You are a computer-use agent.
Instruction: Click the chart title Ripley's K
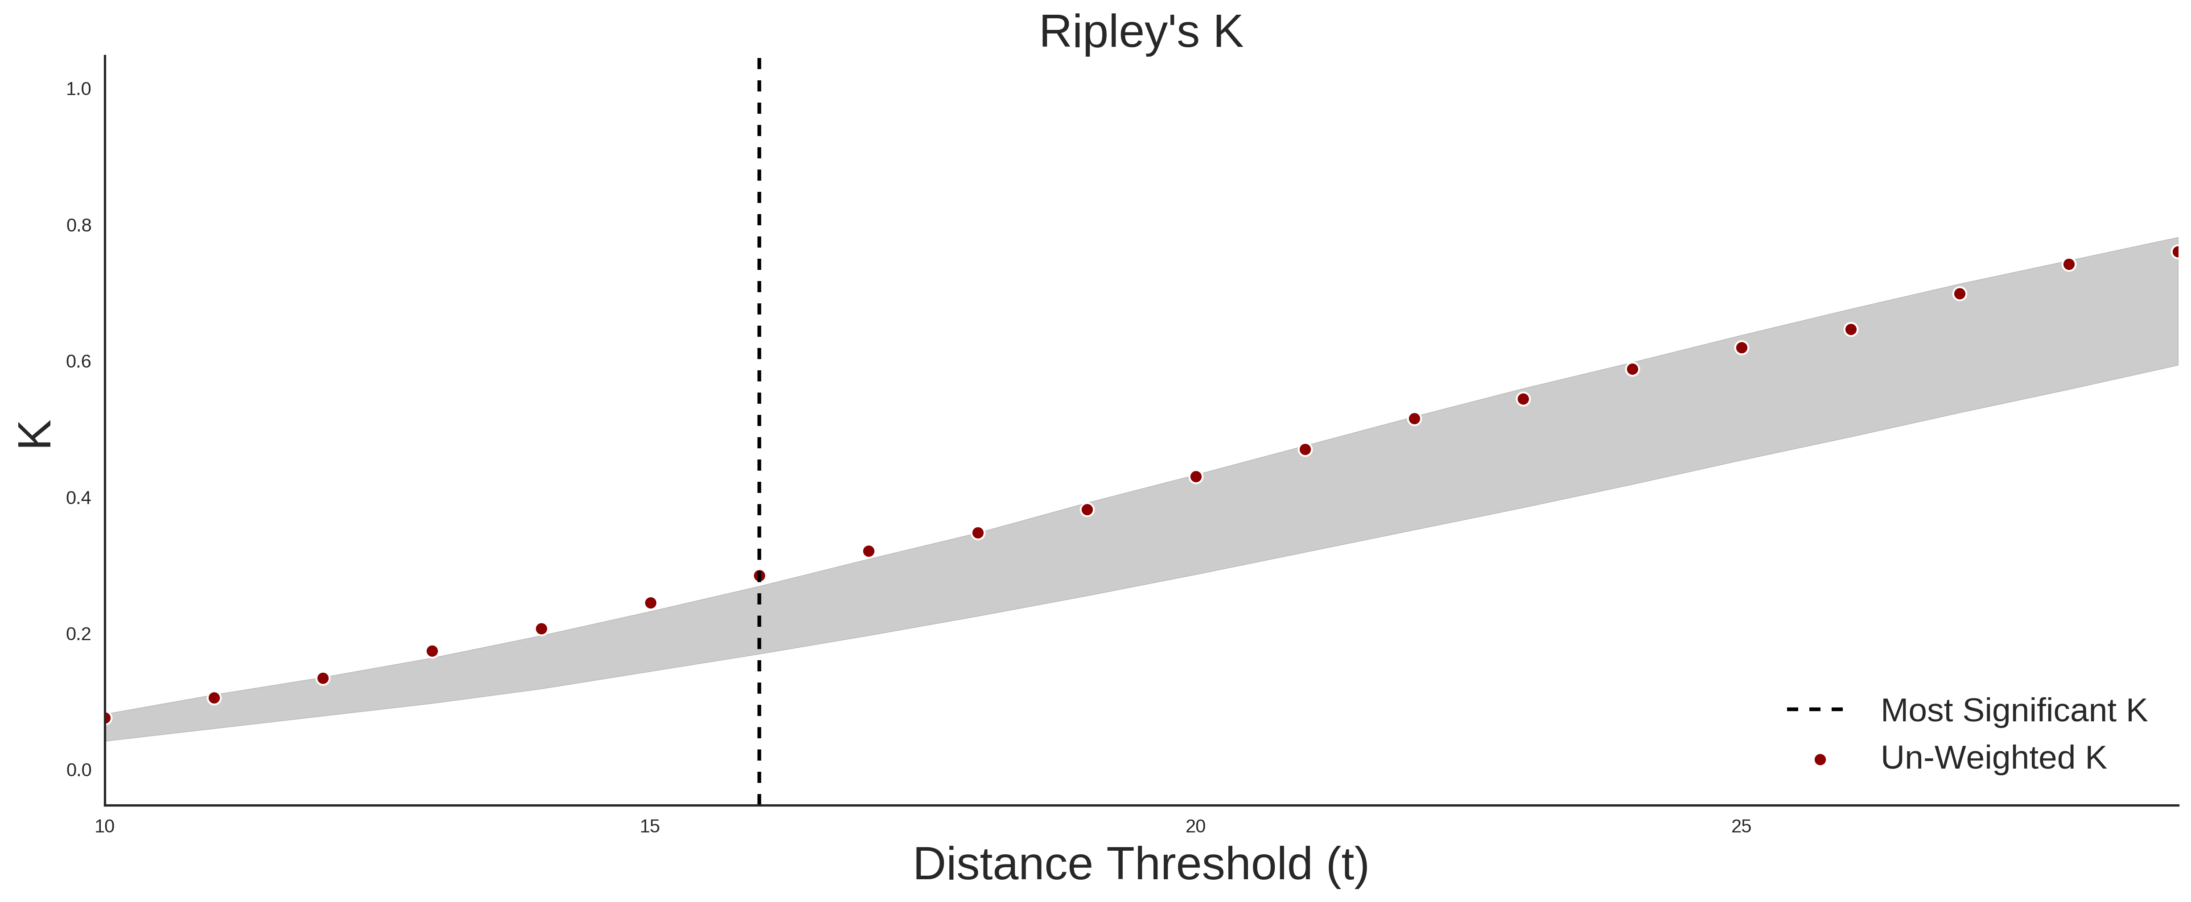click(1141, 32)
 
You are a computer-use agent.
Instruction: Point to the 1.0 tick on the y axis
click(78, 89)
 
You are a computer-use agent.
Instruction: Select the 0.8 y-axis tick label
click(78, 226)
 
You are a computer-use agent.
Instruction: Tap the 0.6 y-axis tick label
click(78, 362)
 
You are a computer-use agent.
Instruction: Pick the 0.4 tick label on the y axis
click(78, 498)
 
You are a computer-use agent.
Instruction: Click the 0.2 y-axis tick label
click(78, 634)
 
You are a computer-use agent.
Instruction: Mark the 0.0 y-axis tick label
click(78, 770)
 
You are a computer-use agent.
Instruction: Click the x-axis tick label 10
click(105, 826)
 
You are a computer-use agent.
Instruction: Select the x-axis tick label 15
click(650, 826)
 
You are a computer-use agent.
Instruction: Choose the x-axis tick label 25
click(1741, 826)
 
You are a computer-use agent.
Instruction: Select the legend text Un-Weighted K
click(1993, 758)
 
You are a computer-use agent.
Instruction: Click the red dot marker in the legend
click(1819, 760)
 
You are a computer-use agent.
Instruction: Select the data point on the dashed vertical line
click(759, 576)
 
